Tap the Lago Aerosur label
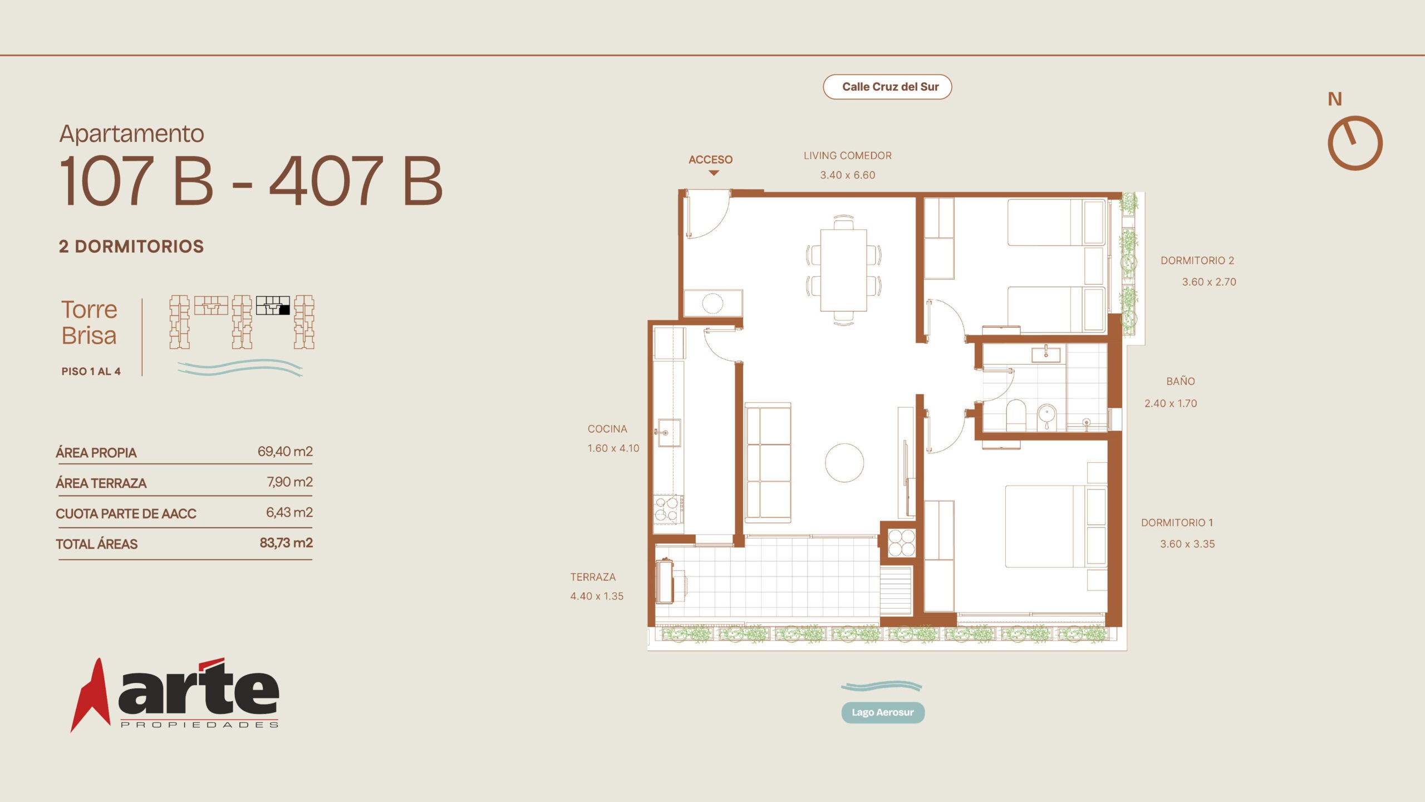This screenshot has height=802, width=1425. pyautogui.click(x=883, y=712)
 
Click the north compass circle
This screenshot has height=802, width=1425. pyautogui.click(x=1355, y=143)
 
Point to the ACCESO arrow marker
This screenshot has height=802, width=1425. pyautogui.click(x=714, y=173)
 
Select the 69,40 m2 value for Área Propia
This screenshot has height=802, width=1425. pyautogui.click(x=285, y=451)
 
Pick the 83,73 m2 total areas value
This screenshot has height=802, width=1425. pyautogui.click(x=286, y=542)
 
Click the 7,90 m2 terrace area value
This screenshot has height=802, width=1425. pyautogui.click(x=289, y=482)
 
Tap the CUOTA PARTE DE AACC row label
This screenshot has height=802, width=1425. pyautogui.click(x=126, y=514)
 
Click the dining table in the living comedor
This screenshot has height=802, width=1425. pyautogui.click(x=843, y=270)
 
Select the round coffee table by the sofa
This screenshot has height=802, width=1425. pyautogui.click(x=844, y=462)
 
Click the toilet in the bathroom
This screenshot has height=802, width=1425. pyautogui.click(x=1016, y=415)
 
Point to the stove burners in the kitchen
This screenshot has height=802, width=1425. pyautogui.click(x=666, y=509)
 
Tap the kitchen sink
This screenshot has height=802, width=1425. pyautogui.click(x=669, y=433)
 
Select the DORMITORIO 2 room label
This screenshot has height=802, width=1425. pyautogui.click(x=1197, y=261)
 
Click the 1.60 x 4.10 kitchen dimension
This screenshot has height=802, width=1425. pyautogui.click(x=613, y=448)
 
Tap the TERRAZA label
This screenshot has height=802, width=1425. pyautogui.click(x=593, y=577)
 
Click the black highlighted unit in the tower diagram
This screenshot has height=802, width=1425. pyautogui.click(x=284, y=310)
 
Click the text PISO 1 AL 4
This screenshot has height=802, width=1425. pyautogui.click(x=91, y=371)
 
